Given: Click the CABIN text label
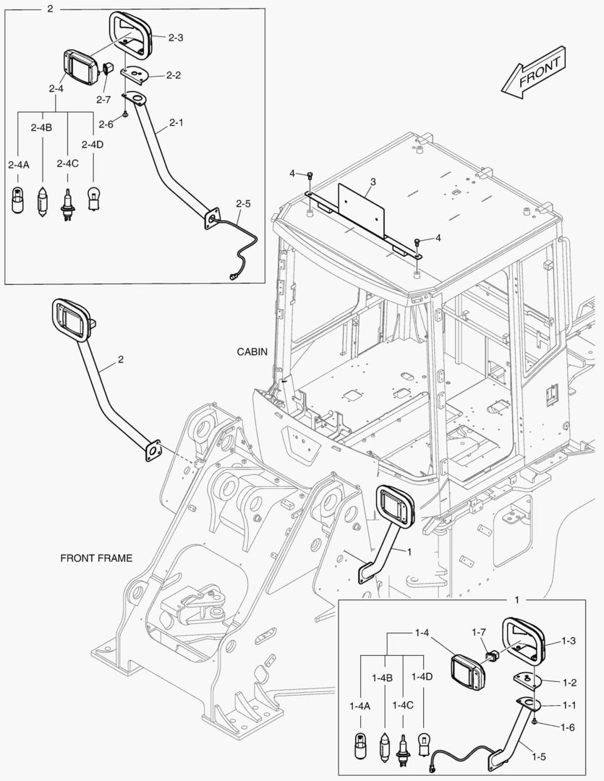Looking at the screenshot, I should point(252,352).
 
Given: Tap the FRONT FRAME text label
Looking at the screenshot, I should point(95,558).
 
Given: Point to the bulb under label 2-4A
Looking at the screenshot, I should point(18,199).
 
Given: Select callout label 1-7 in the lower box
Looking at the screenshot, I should point(478,632).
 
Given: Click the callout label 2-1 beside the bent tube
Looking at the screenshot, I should point(176,123).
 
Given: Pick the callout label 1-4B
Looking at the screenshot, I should point(382,678).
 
